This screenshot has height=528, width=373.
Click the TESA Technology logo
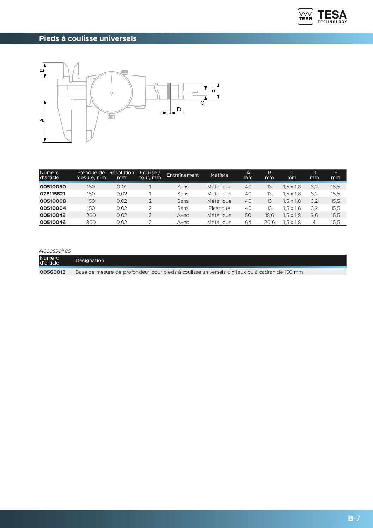point(322,17)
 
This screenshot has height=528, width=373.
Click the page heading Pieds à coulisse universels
point(88,38)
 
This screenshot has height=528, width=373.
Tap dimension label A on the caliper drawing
point(42,120)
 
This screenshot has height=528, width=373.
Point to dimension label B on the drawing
point(42,70)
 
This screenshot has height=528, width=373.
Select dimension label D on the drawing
point(179,109)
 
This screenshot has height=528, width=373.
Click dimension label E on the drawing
point(214,91)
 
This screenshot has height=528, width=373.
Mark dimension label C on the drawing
point(203,103)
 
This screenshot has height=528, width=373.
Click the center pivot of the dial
point(112,93)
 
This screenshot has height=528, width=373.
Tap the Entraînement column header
point(183,175)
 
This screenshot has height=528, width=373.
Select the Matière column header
point(219,175)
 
